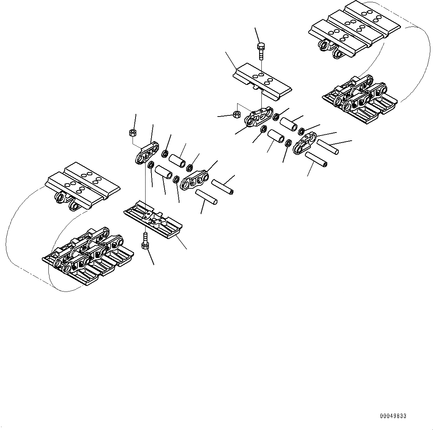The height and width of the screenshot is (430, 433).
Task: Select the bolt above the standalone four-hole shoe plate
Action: pyautogui.click(x=261, y=50)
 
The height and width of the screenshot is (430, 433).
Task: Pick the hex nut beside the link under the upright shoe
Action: pyautogui.click(x=236, y=114)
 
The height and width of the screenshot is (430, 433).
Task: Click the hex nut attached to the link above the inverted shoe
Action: pyautogui.click(x=132, y=132)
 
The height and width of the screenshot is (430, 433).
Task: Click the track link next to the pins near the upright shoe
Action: pyautogui.click(x=305, y=143)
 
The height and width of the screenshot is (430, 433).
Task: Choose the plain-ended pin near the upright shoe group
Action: pyautogui.click(x=328, y=147)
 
